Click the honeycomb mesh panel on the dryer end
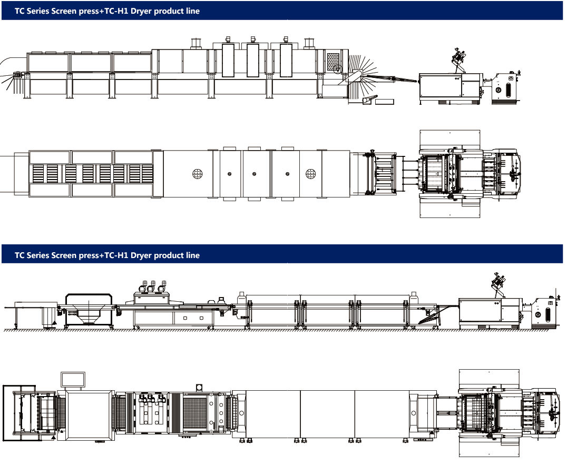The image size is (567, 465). tap(334, 62)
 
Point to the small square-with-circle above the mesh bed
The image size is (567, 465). tap(199, 388)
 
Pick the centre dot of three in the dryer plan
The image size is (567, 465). tap(254, 173)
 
